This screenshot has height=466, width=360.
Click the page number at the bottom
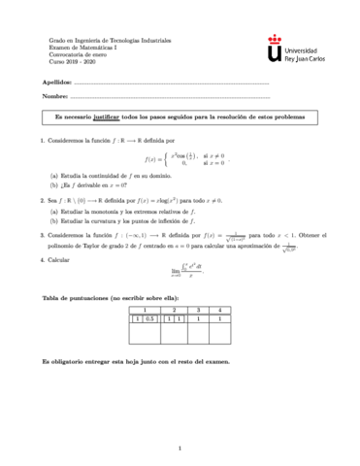pyautogui.click(x=180, y=449)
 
